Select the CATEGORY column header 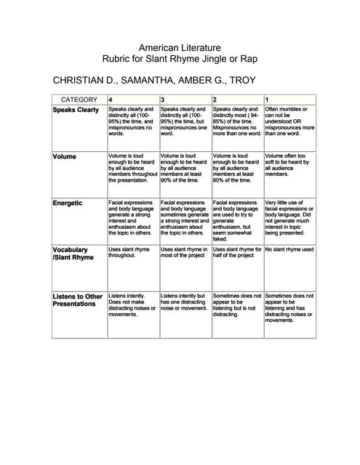click(x=79, y=99)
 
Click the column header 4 click(x=111, y=99)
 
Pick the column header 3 click(x=162, y=99)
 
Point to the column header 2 click(x=215, y=99)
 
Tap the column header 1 click(x=267, y=99)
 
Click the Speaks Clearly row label click(x=76, y=110)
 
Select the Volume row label click(x=65, y=156)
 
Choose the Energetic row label click(x=68, y=203)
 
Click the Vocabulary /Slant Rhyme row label click(x=73, y=253)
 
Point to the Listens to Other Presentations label click(x=78, y=300)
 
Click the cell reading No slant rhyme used click(x=289, y=249)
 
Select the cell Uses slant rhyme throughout click(x=129, y=252)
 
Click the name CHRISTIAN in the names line click(x=81, y=79)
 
